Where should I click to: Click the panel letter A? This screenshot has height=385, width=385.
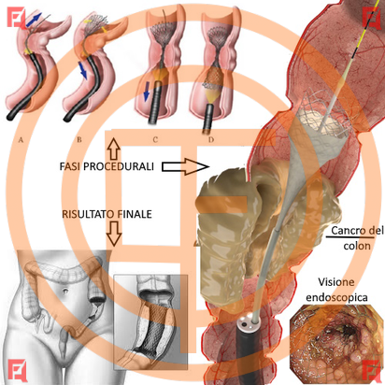pos(21,140)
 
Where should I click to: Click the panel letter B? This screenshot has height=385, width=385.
pos(79,139)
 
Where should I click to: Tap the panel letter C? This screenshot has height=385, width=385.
pos(155,140)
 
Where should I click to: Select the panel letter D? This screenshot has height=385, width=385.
pos(211,140)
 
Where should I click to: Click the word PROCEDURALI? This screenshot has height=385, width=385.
pos(119,166)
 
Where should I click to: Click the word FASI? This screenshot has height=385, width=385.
pos(70,166)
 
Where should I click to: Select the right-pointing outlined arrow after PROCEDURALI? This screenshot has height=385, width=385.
pos(186,166)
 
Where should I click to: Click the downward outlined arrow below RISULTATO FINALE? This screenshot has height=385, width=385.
pos(114,233)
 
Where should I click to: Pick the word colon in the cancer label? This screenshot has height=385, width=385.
pos(357,246)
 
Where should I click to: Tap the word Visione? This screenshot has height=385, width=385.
pos(336,282)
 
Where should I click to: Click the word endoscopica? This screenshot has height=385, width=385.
pos(336,297)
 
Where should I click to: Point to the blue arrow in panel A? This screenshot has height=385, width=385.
pos(34,20)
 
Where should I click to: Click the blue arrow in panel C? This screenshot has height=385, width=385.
pos(146,92)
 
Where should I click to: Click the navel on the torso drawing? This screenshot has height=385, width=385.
pos(65,292)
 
